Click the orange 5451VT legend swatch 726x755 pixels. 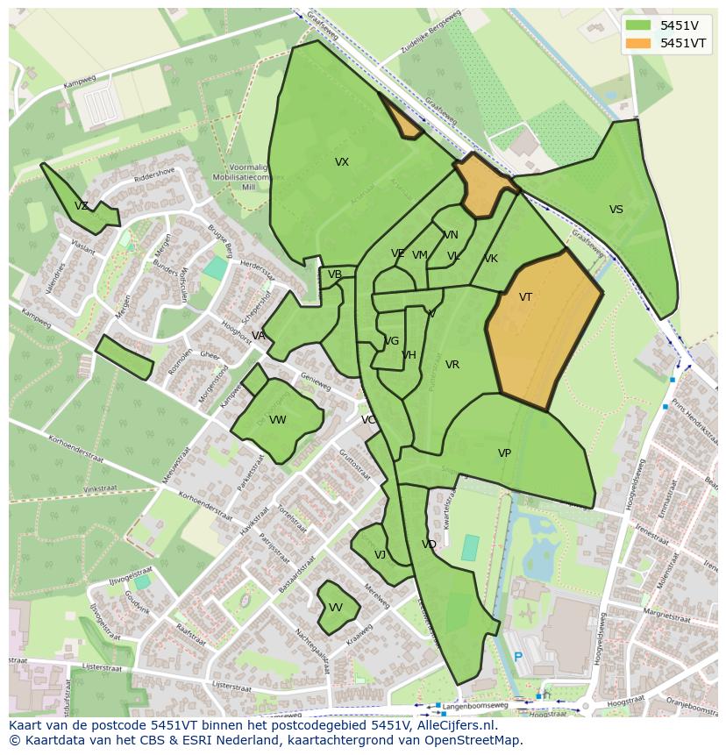coord(638,43)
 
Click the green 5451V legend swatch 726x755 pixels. coord(638,25)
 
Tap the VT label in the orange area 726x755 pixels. coord(525,297)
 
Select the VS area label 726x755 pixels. coord(616,210)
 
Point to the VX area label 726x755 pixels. coord(342,162)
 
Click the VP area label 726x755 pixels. coord(504,453)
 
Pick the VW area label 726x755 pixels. coord(278,420)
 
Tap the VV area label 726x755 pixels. coord(336,608)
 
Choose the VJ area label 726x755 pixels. coord(380,555)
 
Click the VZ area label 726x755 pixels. coord(82,206)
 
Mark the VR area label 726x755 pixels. coord(452,365)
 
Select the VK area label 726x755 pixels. coord(491,259)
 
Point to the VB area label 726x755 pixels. coord(335,274)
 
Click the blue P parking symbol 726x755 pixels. coord(518,657)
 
